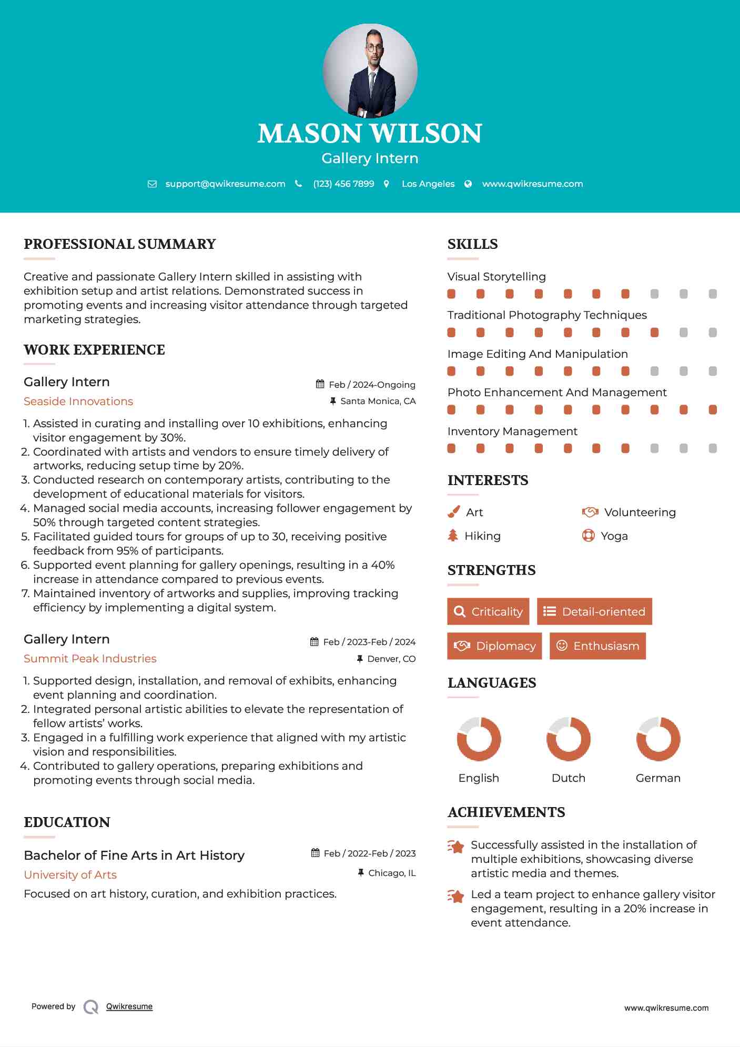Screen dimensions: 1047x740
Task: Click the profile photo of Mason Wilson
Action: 370,71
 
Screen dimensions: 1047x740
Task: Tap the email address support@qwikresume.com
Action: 225,184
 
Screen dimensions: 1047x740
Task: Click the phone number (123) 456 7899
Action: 343,184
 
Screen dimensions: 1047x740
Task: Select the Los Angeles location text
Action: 428,184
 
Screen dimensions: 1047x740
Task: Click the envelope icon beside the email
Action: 152,184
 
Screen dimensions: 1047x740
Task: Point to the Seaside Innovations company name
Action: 78,401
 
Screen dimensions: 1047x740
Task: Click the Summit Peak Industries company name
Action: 90,659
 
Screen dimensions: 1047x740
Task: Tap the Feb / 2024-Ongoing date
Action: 372,385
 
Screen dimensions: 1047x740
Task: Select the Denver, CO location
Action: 391,659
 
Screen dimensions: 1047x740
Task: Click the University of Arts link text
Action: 70,875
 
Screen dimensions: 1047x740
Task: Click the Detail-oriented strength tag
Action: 594,611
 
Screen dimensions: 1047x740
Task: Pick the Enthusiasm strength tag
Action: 597,646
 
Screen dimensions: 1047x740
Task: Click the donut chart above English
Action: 479,739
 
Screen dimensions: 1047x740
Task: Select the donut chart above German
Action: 658,739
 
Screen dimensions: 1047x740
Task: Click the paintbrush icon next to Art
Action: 453,512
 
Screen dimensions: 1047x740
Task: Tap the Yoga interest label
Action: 614,536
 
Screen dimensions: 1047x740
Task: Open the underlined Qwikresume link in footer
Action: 129,1006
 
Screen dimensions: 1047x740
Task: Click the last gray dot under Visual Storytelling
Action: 713,294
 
